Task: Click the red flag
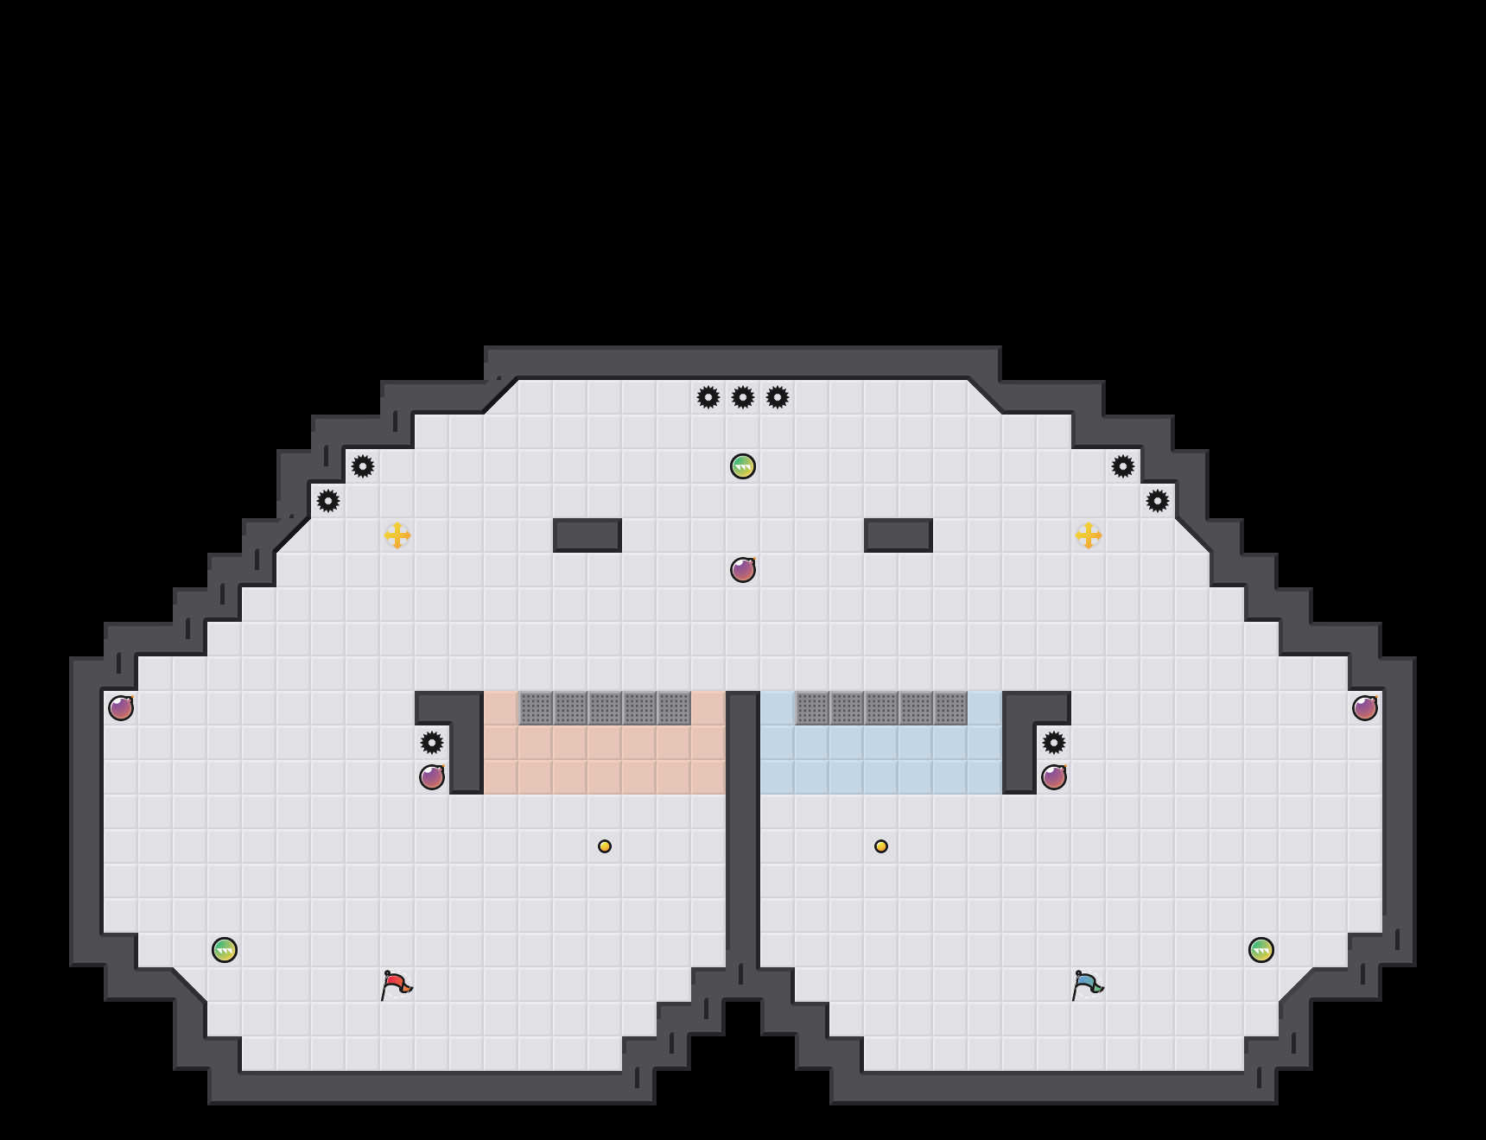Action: [x=396, y=985]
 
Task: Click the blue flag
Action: [x=1087, y=985]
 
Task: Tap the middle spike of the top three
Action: [x=743, y=397]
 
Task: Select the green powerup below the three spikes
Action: [x=743, y=466]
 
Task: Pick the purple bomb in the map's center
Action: [x=743, y=570]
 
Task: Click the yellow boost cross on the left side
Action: [x=397, y=535]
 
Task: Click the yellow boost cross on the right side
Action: [x=1089, y=535]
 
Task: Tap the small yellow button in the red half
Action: [x=605, y=846]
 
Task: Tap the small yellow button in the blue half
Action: [x=881, y=846]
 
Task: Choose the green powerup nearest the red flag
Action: [x=225, y=950]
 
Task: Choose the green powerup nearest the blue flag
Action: [x=1261, y=950]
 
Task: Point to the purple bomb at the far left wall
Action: [x=121, y=708]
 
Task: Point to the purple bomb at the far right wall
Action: [x=1365, y=708]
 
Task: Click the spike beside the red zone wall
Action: [x=432, y=743]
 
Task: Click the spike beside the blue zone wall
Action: [x=1054, y=743]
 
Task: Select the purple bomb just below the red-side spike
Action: [x=432, y=777]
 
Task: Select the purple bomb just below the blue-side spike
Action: [x=1054, y=777]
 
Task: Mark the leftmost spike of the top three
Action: [x=708, y=397]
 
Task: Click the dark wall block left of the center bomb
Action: [x=587, y=535]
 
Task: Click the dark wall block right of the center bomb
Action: [x=899, y=535]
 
